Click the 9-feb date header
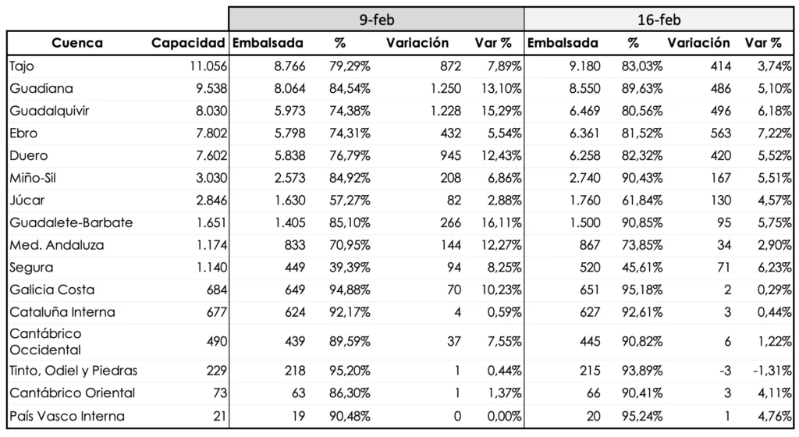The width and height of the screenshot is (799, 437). [375, 20]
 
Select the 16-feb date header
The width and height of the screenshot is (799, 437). [659, 20]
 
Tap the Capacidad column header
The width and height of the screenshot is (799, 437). [188, 43]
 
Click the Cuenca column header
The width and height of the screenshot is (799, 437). [77, 43]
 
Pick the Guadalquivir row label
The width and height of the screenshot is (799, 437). [48, 111]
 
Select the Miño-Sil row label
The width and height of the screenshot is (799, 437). [33, 178]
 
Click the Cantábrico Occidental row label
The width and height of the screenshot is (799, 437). [45, 342]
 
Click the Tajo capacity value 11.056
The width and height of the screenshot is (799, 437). [208, 66]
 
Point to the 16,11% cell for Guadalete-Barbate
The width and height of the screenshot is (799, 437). [502, 222]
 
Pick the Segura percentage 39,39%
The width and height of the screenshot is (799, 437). [350, 268]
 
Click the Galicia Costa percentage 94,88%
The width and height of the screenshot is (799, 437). [350, 290]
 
